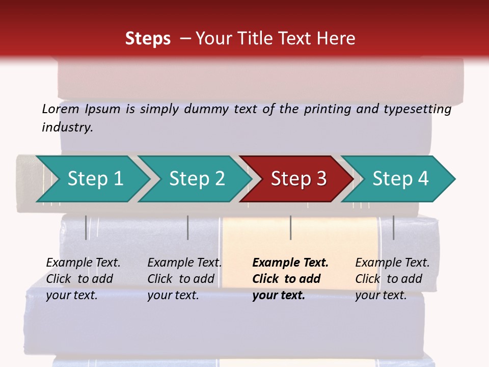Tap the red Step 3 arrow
coord(298,178)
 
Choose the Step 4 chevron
coord(400,178)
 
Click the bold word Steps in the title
coord(148,38)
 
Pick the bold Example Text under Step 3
coord(290,263)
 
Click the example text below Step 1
coord(83,279)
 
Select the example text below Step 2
coord(184,279)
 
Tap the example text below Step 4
coord(392,279)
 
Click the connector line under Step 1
coord(86,227)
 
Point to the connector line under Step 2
coord(188,227)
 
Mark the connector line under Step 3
coord(291,227)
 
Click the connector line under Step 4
coord(394,227)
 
